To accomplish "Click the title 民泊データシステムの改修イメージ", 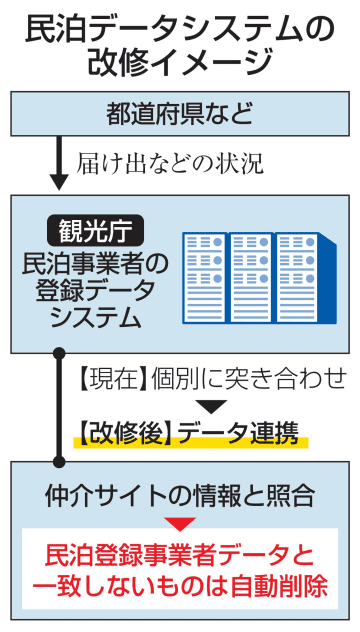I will [x=179, y=44].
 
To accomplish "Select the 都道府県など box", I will [x=179, y=114].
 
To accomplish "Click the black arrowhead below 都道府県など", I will [x=59, y=180].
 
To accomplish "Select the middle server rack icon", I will [x=251, y=277].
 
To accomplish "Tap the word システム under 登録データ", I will [x=96, y=318].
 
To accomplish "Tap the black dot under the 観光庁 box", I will [x=59, y=355].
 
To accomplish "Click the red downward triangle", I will [x=180, y=523].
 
